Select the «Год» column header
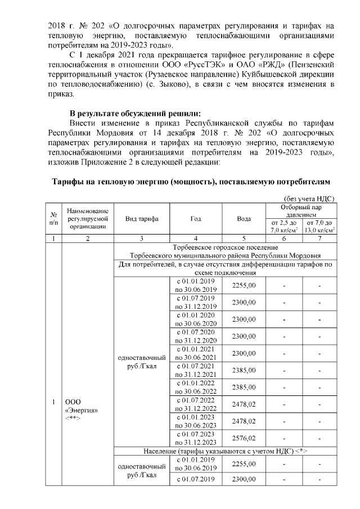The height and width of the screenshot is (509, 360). click(x=195, y=218)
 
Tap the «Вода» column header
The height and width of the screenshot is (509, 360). click(x=244, y=218)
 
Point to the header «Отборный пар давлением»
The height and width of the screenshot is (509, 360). click(x=301, y=210)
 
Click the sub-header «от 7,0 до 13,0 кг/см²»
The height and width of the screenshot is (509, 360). click(x=319, y=227)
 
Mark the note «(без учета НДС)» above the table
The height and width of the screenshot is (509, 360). click(x=308, y=198)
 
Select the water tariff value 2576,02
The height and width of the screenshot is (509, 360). click(x=244, y=438)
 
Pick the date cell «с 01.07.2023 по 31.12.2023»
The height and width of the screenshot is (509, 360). click(x=195, y=438)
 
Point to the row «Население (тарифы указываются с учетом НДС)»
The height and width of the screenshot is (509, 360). click(x=225, y=451)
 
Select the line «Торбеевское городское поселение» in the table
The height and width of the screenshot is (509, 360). click(x=225, y=247)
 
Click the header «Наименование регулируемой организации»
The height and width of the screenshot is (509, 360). click(x=87, y=218)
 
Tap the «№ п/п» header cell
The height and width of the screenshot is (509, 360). click(x=52, y=218)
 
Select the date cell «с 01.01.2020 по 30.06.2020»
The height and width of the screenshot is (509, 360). click(x=195, y=319)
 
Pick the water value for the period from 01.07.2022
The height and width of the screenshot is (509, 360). click(x=244, y=404)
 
